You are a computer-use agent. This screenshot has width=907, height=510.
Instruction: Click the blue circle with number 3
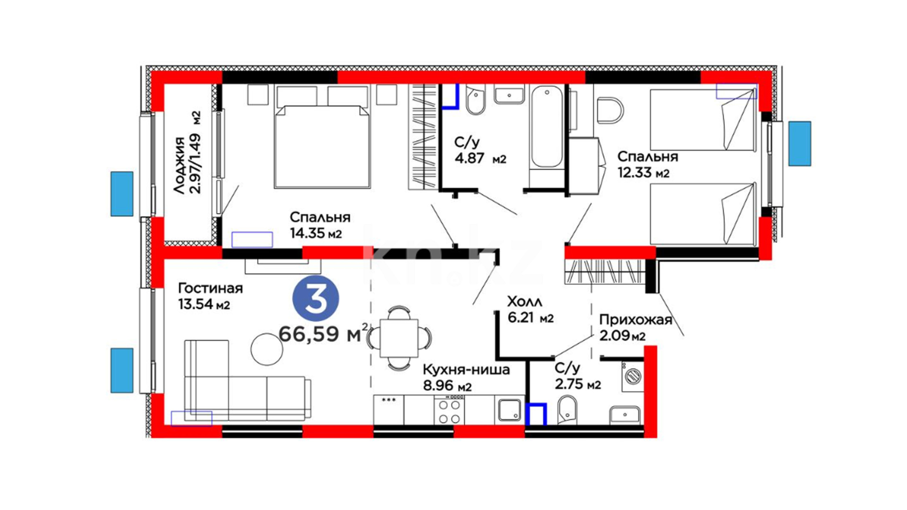(316, 299)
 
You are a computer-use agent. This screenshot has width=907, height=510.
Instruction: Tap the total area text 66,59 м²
(324, 334)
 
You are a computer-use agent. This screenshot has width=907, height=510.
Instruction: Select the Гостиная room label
(210, 288)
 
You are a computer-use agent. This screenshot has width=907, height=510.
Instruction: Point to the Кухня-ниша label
(466, 369)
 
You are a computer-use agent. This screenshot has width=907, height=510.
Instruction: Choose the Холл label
(524, 301)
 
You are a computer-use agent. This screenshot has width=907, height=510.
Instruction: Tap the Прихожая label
(635, 320)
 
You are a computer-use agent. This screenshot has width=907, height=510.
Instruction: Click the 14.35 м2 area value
(316, 233)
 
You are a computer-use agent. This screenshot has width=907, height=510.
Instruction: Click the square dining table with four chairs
(399, 338)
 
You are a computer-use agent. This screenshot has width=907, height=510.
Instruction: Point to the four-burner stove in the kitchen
(449, 411)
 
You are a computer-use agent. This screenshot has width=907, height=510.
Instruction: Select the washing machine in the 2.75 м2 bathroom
(632, 376)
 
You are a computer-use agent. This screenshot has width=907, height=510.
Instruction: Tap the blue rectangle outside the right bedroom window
(800, 144)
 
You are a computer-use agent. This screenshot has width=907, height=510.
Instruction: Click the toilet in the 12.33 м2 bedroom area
(610, 110)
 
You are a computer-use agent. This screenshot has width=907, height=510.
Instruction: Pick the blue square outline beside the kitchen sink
(537, 414)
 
